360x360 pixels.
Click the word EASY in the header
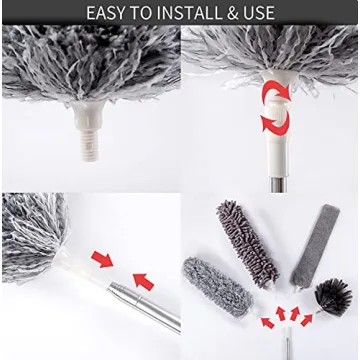(108, 13)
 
